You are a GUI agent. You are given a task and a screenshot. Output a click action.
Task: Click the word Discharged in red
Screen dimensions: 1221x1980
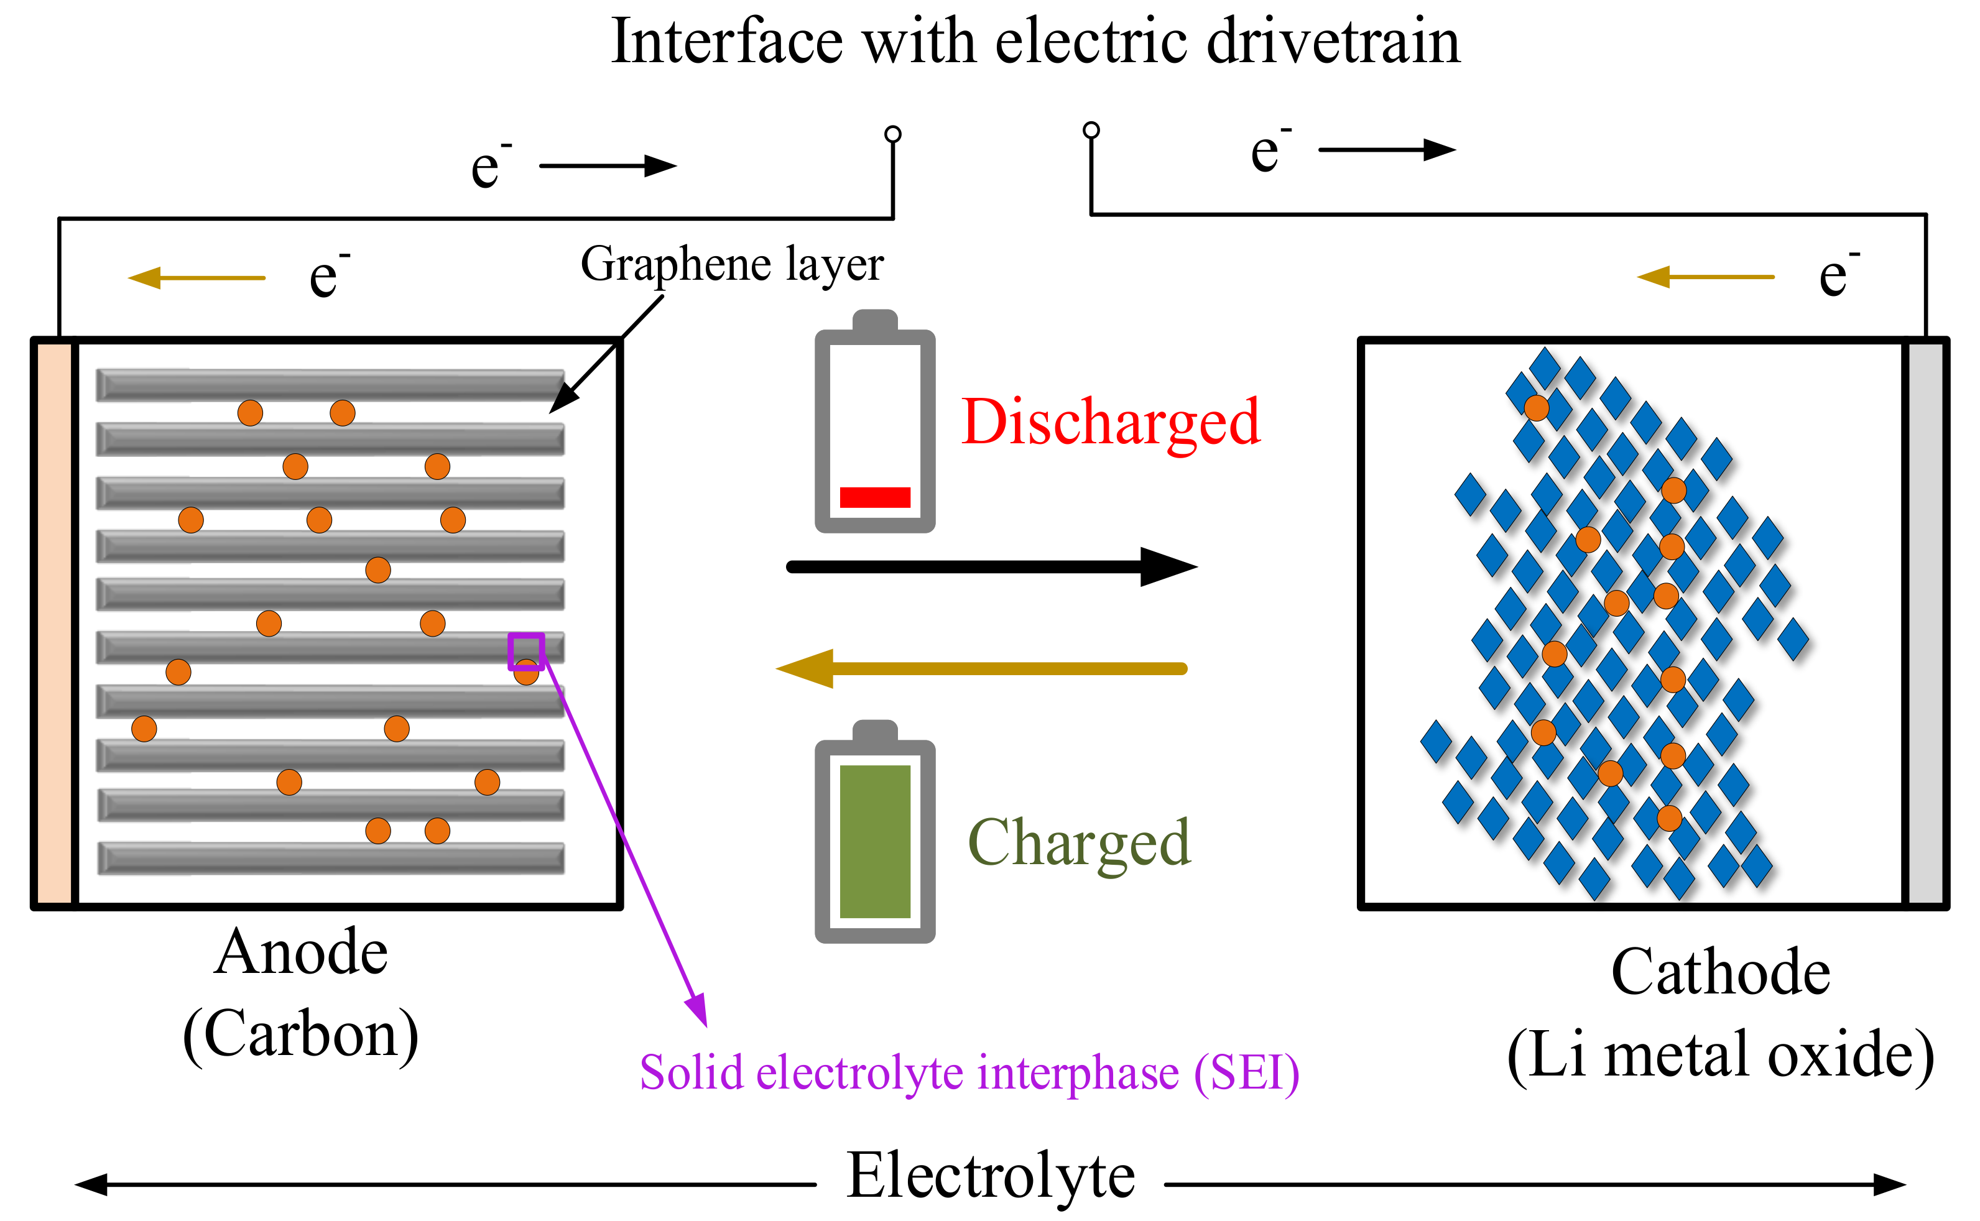point(1110,422)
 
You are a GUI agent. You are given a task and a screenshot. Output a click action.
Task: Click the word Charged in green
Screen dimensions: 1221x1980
point(1079,842)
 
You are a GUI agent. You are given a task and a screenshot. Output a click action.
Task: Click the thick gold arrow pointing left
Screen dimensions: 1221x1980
point(981,669)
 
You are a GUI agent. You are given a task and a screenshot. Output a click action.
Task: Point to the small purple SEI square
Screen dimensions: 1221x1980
point(525,651)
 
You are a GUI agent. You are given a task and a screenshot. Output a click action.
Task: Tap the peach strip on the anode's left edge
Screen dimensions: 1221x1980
point(54,622)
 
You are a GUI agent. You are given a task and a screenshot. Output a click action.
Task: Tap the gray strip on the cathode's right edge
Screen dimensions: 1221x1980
point(1927,622)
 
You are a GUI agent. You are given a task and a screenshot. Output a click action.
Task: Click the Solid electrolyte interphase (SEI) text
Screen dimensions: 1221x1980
point(969,1073)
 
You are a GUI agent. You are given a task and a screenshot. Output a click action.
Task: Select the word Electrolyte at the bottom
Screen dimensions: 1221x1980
point(991,1177)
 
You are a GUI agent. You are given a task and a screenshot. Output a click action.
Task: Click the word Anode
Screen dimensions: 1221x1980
point(300,953)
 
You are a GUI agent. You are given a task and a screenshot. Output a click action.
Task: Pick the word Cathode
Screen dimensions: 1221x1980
point(1720,972)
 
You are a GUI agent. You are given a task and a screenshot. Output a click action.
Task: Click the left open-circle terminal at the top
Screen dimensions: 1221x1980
point(892,134)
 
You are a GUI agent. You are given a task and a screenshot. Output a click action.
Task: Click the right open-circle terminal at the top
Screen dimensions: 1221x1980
point(1091,130)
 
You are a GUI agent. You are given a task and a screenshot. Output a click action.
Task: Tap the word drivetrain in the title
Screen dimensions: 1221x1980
point(1333,42)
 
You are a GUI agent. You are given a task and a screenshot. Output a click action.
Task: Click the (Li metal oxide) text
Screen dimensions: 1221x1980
point(1720,1054)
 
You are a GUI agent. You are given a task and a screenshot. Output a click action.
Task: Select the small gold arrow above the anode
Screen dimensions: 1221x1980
point(197,278)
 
